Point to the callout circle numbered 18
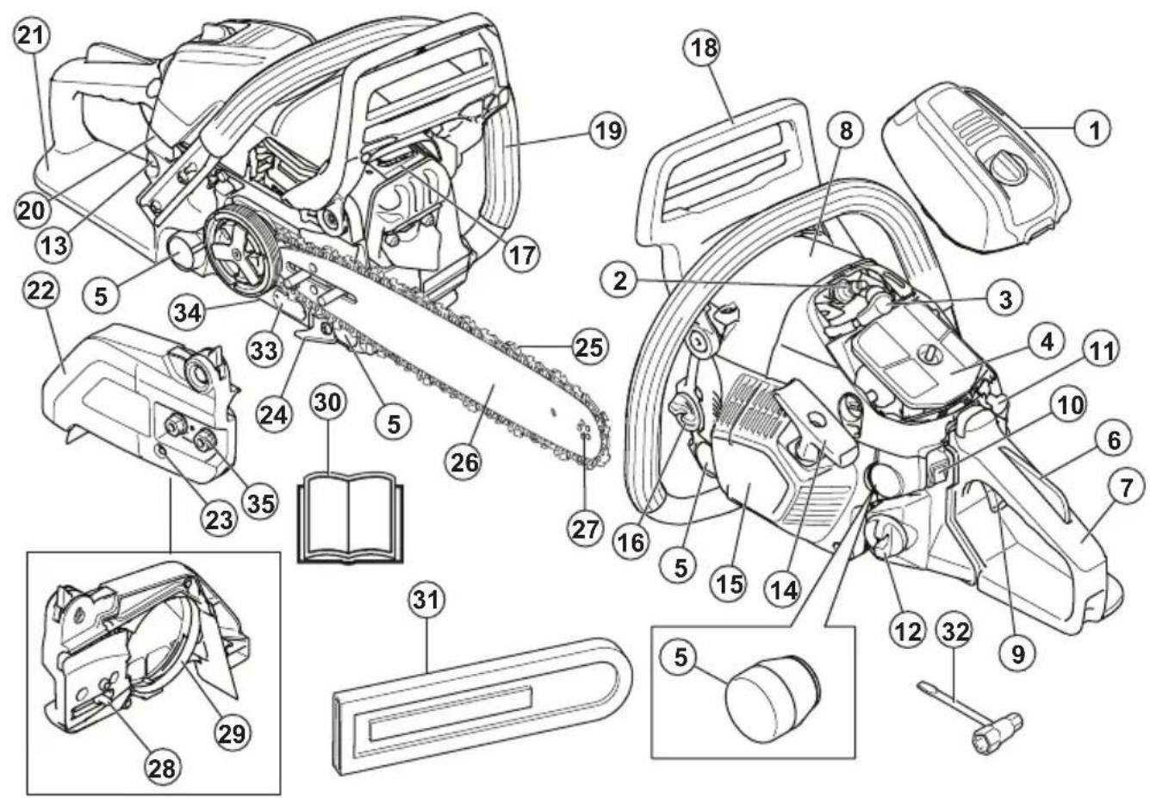point(705,47)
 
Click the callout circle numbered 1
point(1094,130)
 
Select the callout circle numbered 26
point(464,462)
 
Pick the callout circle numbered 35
point(258,501)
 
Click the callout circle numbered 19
point(606,130)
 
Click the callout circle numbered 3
point(1004,298)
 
